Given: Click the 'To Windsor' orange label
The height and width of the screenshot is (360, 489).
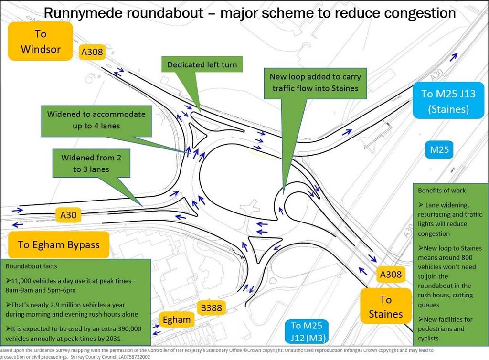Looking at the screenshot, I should pyautogui.click(x=41, y=42).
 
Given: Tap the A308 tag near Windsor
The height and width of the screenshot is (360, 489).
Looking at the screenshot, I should pyautogui.click(x=92, y=52).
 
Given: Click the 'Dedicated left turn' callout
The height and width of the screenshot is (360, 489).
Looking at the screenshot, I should pyautogui.click(x=202, y=65).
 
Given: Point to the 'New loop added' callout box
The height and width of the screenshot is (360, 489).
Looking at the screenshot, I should pyautogui.click(x=315, y=82).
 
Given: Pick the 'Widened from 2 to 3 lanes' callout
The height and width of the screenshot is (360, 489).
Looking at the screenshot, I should pyautogui.click(x=88, y=163).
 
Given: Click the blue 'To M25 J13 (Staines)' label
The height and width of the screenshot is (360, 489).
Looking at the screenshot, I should pyautogui.click(x=448, y=101).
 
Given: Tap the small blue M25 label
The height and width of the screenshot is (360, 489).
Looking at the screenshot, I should pyautogui.click(x=439, y=150).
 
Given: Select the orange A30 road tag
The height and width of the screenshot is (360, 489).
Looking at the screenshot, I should pyautogui.click(x=68, y=215).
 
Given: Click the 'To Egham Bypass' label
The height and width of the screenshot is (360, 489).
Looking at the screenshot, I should pyautogui.click(x=58, y=244).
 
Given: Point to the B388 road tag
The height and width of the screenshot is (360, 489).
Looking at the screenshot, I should pyautogui.click(x=211, y=308).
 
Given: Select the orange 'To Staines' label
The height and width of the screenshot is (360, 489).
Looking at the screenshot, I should pyautogui.click(x=386, y=307).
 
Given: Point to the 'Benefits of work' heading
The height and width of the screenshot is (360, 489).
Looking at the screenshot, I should pyautogui.click(x=442, y=190).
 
